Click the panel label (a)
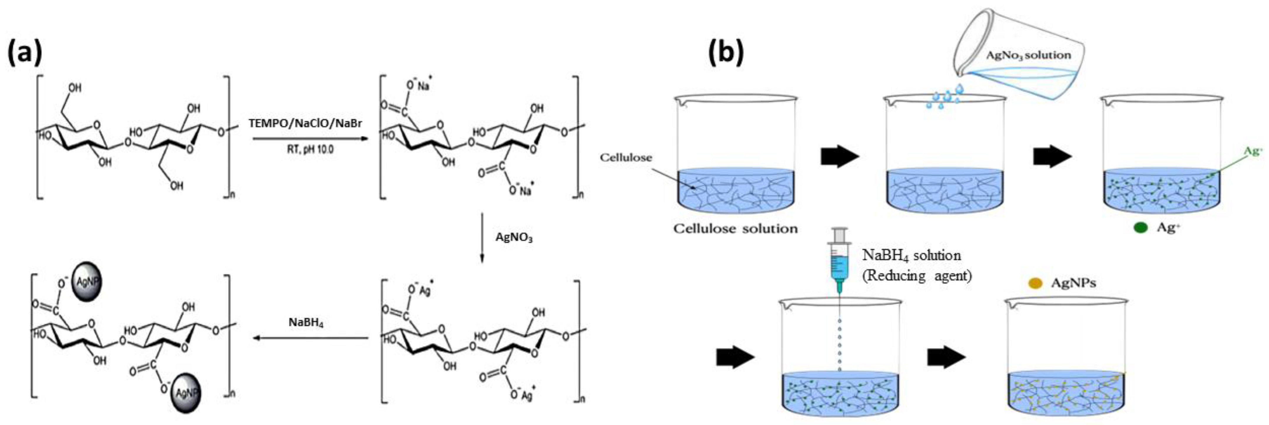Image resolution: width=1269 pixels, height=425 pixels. pos(25,53)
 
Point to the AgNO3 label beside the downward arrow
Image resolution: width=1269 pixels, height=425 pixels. pos(514,238)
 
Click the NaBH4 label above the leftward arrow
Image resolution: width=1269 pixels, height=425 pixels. pos(306,323)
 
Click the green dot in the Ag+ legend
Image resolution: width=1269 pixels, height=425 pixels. pos(1140,228)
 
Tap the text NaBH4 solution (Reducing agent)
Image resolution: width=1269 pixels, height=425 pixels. pos(915,265)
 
